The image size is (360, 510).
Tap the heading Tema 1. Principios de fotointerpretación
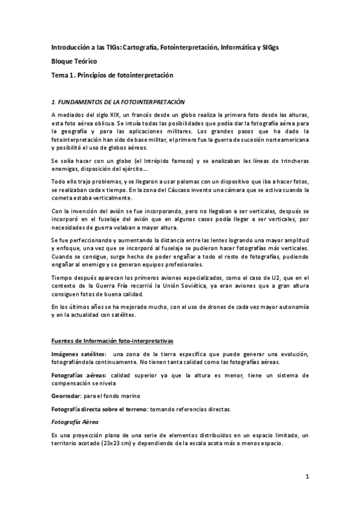click(111, 75)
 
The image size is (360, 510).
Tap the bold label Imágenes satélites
click(79, 354)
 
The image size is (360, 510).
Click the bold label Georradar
click(68, 397)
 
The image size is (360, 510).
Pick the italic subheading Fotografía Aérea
click(75, 421)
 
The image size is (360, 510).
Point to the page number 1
click(307, 478)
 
